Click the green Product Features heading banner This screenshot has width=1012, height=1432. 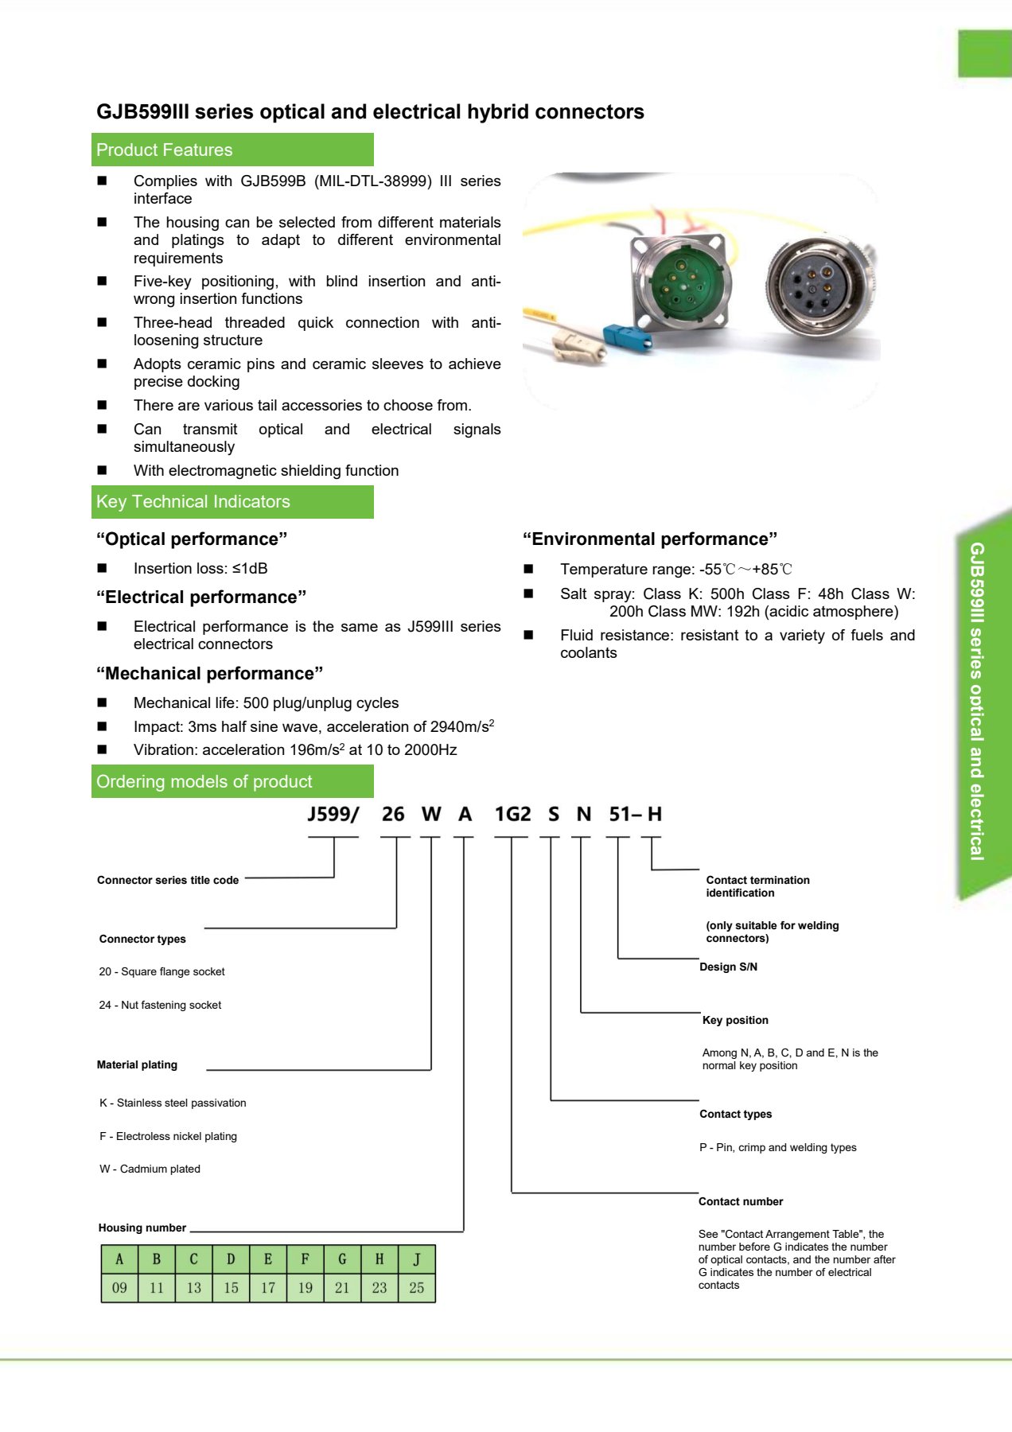coord(232,150)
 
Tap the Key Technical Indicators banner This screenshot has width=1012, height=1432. coord(232,502)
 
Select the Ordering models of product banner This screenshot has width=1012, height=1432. coord(232,781)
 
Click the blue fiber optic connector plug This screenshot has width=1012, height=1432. coord(628,337)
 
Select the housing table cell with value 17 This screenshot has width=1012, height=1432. coord(268,1287)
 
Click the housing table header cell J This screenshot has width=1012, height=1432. coord(417,1259)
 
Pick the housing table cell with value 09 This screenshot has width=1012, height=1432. coord(119,1287)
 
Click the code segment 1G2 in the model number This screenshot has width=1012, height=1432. coord(512,814)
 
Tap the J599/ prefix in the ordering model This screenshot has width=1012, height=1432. coord(333,814)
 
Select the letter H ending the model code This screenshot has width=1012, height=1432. coord(655,814)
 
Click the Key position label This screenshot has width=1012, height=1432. coord(735,1020)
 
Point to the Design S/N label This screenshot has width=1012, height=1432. coord(728,967)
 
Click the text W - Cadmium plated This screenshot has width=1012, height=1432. coord(150,1169)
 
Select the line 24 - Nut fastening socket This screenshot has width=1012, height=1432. coord(160,1005)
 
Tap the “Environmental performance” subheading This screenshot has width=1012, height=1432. coord(650,539)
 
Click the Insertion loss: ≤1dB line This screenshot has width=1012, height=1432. coord(200,568)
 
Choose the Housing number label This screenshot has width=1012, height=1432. coord(142,1228)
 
